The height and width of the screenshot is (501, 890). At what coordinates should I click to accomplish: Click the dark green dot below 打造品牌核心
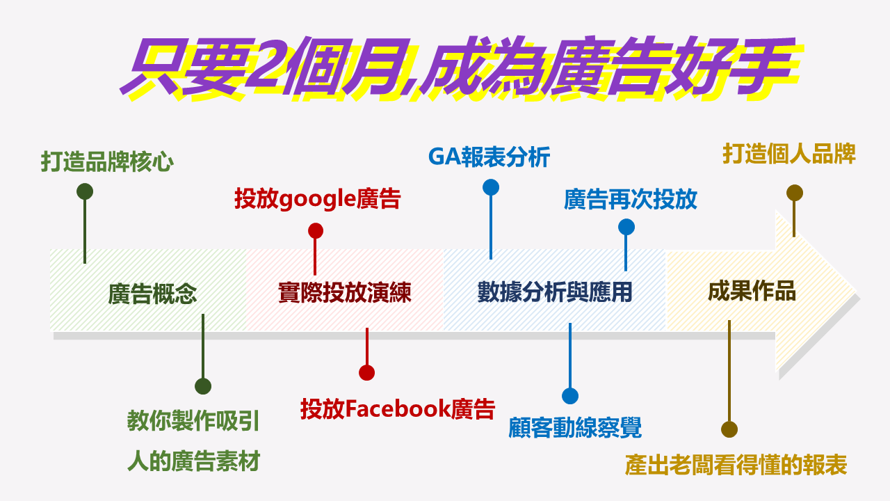tap(85, 191)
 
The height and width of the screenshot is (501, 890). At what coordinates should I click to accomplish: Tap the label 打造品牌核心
tap(107, 162)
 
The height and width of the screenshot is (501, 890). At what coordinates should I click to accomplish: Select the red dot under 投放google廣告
tap(316, 230)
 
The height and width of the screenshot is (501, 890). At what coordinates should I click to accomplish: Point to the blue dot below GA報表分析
tap(491, 187)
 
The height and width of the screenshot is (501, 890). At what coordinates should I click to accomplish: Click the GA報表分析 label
tap(489, 157)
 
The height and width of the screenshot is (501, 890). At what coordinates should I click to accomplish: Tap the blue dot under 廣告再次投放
tap(626, 227)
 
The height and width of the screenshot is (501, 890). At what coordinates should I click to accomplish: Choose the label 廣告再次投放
tap(631, 199)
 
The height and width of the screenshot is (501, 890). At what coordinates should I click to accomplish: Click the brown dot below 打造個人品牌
tap(795, 193)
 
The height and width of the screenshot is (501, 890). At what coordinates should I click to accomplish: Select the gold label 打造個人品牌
tap(789, 154)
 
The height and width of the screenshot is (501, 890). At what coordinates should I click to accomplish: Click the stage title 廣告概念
tap(152, 294)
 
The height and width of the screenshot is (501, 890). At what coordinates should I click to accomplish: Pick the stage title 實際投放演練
tap(344, 292)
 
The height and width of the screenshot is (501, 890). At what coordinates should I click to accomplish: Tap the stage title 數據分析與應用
tap(555, 292)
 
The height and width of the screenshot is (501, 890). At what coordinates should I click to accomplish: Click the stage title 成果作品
tap(752, 291)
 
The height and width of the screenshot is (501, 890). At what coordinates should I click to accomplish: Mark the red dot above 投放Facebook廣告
tap(366, 372)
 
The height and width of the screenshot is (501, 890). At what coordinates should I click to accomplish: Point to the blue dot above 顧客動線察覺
tap(570, 396)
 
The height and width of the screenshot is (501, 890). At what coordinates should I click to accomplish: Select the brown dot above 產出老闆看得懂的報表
tap(729, 429)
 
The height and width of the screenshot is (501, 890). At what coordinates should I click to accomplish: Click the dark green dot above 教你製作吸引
tap(203, 386)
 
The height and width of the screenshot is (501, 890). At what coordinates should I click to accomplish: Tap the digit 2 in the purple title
tap(267, 65)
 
